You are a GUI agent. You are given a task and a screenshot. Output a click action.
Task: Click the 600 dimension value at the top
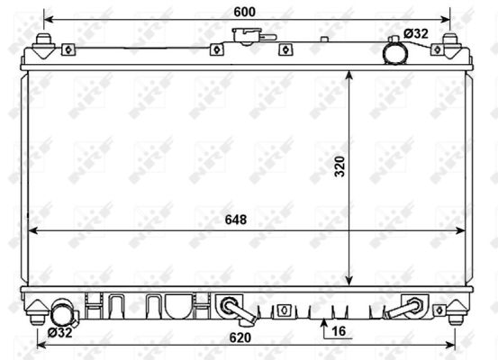coord(244,11)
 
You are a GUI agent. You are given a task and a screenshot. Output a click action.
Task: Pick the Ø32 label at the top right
coord(415,33)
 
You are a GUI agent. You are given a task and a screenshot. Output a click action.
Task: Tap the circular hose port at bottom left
coord(62,314)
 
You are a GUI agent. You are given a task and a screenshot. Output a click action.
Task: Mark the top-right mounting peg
coord(448,42)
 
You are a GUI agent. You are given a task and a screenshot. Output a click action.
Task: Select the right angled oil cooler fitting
coord(404,308)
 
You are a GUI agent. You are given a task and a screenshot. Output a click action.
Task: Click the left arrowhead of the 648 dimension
coord(32,231)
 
